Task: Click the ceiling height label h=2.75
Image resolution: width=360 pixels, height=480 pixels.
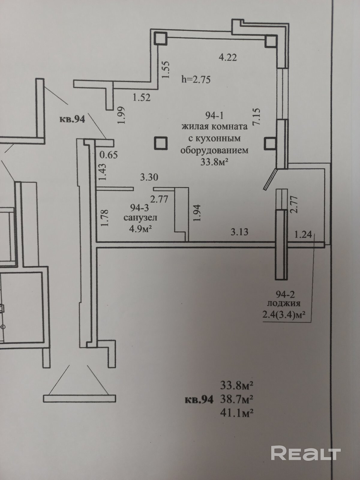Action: (196, 79)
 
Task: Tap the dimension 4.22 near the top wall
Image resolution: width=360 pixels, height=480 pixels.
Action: (228, 57)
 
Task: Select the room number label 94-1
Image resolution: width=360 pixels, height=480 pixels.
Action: (215, 115)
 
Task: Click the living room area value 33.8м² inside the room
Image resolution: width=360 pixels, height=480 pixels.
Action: (214, 162)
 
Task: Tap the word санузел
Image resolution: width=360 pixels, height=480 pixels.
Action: (140, 217)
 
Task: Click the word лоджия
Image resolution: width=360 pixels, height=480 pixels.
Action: (283, 304)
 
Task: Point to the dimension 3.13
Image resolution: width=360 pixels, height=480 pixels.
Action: (239, 232)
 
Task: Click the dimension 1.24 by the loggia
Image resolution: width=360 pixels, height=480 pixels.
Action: (303, 234)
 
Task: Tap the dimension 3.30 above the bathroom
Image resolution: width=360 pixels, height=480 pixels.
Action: (149, 177)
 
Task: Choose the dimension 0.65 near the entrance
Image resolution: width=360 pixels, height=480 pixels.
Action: (108, 155)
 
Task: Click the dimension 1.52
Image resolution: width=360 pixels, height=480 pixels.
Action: (141, 97)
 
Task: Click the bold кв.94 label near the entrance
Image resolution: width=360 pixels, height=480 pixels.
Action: (72, 119)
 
